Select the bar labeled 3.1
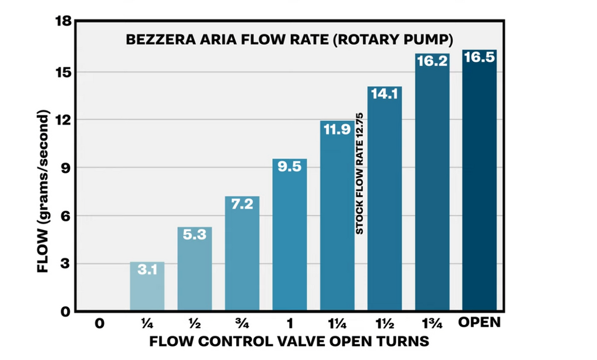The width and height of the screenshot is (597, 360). click(x=147, y=288)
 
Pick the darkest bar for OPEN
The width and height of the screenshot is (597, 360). click(x=479, y=186)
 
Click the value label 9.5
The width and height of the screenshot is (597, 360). click(x=289, y=167)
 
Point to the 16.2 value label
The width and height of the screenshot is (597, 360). click(x=432, y=61)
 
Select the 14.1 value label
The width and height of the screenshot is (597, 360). click(x=384, y=94)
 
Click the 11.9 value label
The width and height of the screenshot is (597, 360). click(x=337, y=129)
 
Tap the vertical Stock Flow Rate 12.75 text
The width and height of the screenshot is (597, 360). click(x=360, y=174)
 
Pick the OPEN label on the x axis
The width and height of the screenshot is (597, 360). click(x=479, y=322)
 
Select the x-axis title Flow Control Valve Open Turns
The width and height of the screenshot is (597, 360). click(x=289, y=341)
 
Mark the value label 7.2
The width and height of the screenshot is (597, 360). click(x=242, y=204)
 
